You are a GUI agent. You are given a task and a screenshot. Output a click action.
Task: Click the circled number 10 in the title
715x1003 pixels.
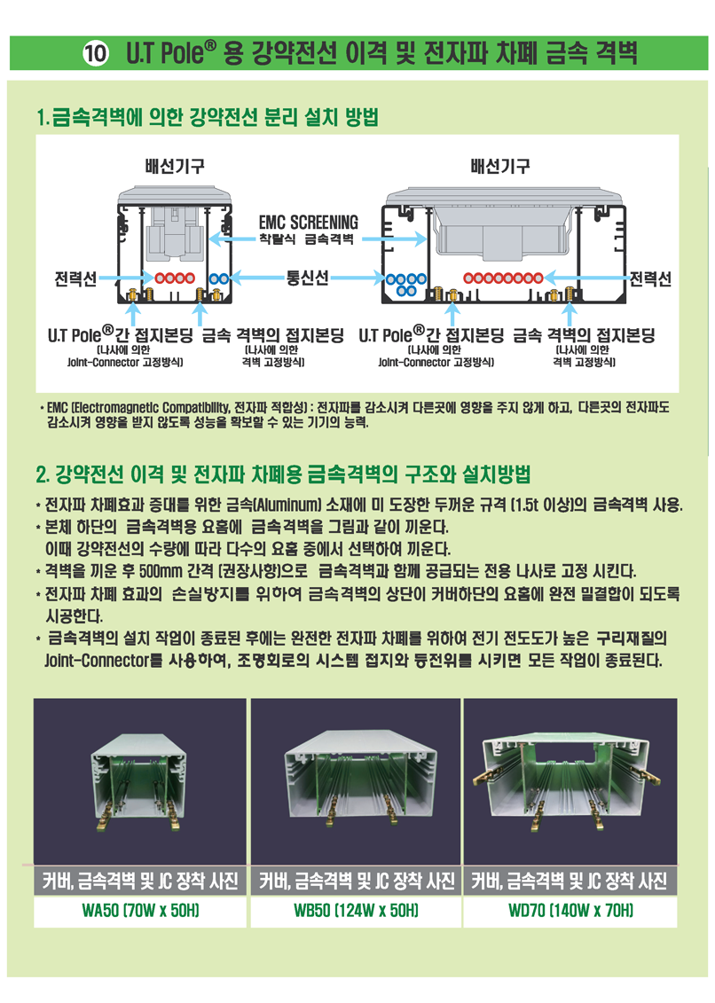(x=96, y=52)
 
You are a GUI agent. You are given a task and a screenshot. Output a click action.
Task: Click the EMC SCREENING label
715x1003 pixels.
(x=308, y=222)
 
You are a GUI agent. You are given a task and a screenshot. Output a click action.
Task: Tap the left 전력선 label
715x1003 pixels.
(x=75, y=278)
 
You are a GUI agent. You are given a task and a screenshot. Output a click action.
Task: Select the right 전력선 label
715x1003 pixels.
(x=650, y=278)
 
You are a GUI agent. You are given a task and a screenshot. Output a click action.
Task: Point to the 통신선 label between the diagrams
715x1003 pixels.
(x=308, y=278)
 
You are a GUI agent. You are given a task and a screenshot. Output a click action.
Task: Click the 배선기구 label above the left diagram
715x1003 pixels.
(x=175, y=167)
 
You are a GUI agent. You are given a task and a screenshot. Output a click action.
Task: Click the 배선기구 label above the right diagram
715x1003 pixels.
(x=500, y=167)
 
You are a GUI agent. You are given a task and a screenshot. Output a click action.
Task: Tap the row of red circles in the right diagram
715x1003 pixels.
(x=503, y=278)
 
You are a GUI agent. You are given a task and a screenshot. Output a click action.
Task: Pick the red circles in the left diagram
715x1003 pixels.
(x=175, y=278)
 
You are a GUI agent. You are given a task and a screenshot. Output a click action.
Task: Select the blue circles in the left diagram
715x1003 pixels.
(x=219, y=278)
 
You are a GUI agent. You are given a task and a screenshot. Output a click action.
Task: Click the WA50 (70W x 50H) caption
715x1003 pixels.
(x=140, y=910)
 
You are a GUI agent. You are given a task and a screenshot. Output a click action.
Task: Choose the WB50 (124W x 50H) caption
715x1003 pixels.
(x=356, y=910)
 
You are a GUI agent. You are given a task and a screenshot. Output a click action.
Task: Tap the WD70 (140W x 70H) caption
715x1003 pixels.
(x=570, y=910)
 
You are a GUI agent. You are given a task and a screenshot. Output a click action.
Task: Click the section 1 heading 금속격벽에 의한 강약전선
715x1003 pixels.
(x=208, y=117)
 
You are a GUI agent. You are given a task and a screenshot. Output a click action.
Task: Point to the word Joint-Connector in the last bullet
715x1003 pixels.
(x=97, y=660)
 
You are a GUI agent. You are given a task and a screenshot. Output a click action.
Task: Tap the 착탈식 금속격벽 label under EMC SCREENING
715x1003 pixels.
(x=306, y=239)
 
